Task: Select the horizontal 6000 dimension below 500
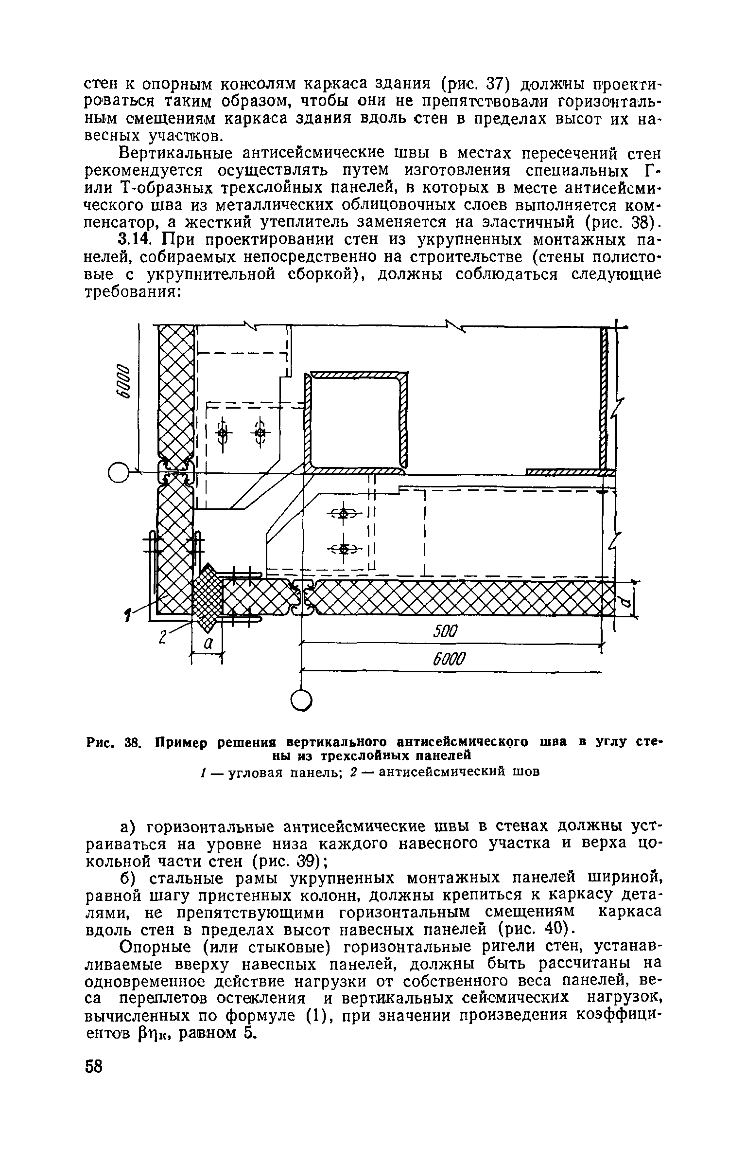click(449, 660)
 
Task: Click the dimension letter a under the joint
click(208, 644)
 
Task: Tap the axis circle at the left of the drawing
click(118, 472)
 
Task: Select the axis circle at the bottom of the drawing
click(301, 701)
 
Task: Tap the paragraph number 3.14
click(137, 239)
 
